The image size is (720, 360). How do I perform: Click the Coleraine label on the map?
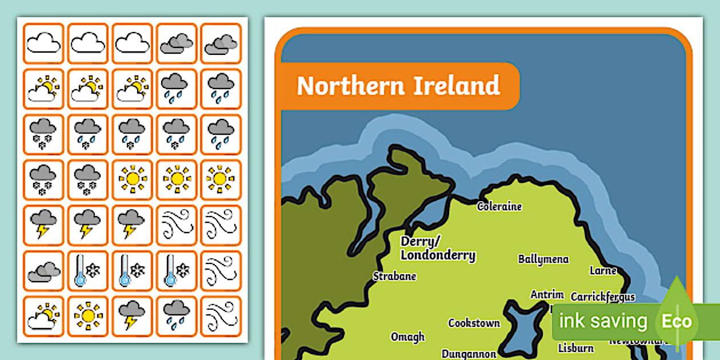[499, 206]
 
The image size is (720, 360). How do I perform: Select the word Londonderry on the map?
[438, 255]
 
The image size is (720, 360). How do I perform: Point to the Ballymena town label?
[543, 259]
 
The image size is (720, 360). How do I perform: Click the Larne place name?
[603, 270]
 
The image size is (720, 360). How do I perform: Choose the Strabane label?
[394, 277]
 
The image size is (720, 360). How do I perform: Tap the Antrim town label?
[547, 295]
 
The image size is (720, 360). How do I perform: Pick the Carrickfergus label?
[603, 297]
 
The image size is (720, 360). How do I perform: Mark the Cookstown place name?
[474, 323]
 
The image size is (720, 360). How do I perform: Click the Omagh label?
[407, 337]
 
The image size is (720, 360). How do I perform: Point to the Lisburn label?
[575, 348]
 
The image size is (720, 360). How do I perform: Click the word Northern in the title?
[342, 86]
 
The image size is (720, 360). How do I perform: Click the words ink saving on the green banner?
[603, 321]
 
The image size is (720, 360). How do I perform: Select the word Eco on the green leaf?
[677, 322]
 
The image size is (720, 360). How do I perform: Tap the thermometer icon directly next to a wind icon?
[177, 271]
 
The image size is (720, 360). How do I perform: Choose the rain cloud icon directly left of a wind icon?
[177, 316]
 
